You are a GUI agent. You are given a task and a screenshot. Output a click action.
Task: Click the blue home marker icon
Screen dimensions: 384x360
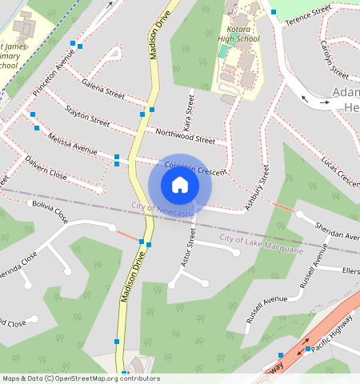180,186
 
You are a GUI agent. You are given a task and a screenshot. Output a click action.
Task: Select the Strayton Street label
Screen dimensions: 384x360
88,115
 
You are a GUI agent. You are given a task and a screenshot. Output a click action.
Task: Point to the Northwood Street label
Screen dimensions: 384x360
186,134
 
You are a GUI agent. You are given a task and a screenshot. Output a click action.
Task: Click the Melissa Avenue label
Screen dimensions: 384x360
73,145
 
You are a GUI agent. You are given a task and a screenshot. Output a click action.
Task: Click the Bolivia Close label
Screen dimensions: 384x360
50,212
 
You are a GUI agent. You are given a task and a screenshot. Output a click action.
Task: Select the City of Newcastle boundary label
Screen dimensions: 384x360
163,208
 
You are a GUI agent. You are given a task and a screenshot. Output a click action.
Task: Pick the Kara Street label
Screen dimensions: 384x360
190,112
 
